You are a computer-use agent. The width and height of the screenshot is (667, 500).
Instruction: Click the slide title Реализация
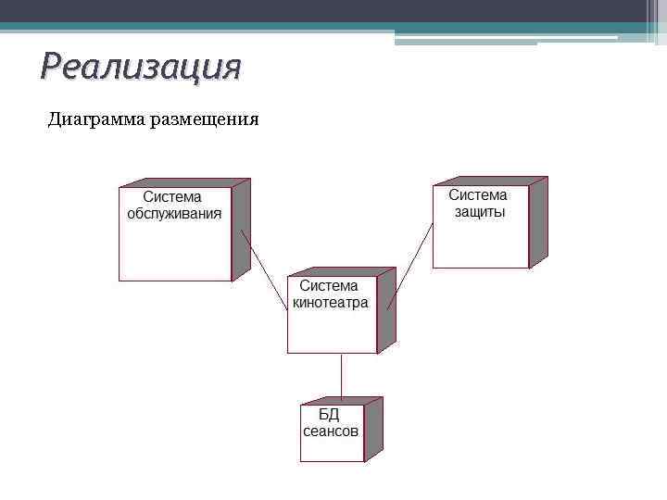(x=141, y=67)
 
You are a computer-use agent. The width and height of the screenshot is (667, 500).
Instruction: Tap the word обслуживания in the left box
(x=174, y=214)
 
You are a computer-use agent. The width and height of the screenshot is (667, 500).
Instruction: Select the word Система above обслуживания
(x=172, y=197)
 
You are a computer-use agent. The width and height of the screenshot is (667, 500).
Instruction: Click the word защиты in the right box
(x=479, y=212)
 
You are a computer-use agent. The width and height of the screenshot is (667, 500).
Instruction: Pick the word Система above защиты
(x=478, y=195)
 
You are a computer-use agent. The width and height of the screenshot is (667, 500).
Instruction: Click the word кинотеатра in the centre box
(x=331, y=303)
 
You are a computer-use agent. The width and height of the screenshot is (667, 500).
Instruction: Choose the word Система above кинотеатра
(x=328, y=286)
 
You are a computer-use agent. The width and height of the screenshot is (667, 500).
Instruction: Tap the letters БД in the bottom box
(x=329, y=414)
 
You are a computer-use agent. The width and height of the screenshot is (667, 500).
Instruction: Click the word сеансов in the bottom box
(x=331, y=431)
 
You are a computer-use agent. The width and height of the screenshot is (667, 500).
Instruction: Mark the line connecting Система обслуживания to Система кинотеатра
(x=264, y=270)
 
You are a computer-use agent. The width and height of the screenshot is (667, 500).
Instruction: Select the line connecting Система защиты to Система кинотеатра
(x=409, y=266)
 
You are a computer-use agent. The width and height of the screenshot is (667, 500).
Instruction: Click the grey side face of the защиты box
(x=537, y=222)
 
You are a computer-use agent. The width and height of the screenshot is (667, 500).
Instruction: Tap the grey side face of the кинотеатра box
(x=386, y=310)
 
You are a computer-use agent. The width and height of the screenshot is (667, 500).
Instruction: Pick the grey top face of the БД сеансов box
(x=341, y=401)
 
